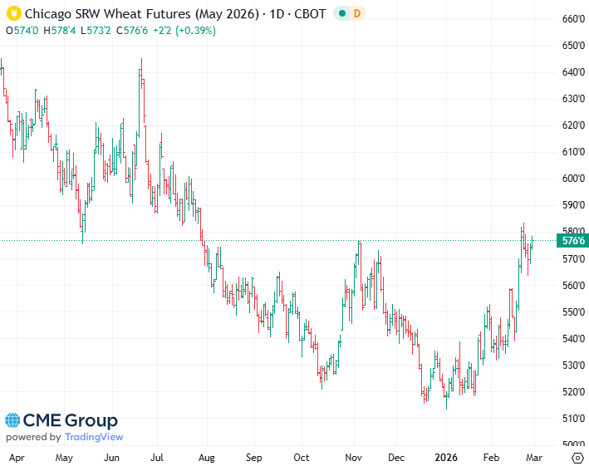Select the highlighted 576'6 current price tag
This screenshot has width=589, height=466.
tap(573, 241)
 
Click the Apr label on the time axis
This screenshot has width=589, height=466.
tap(16, 457)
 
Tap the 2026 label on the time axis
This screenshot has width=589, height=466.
tap(446, 457)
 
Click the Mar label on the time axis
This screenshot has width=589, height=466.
tap(533, 457)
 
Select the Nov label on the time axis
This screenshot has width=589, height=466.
tap(355, 457)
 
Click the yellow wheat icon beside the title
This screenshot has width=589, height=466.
tap(13, 14)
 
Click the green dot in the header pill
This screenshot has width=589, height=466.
tap(342, 14)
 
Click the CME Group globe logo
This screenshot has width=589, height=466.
tap(15, 421)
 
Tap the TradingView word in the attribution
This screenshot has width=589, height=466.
tap(94, 437)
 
